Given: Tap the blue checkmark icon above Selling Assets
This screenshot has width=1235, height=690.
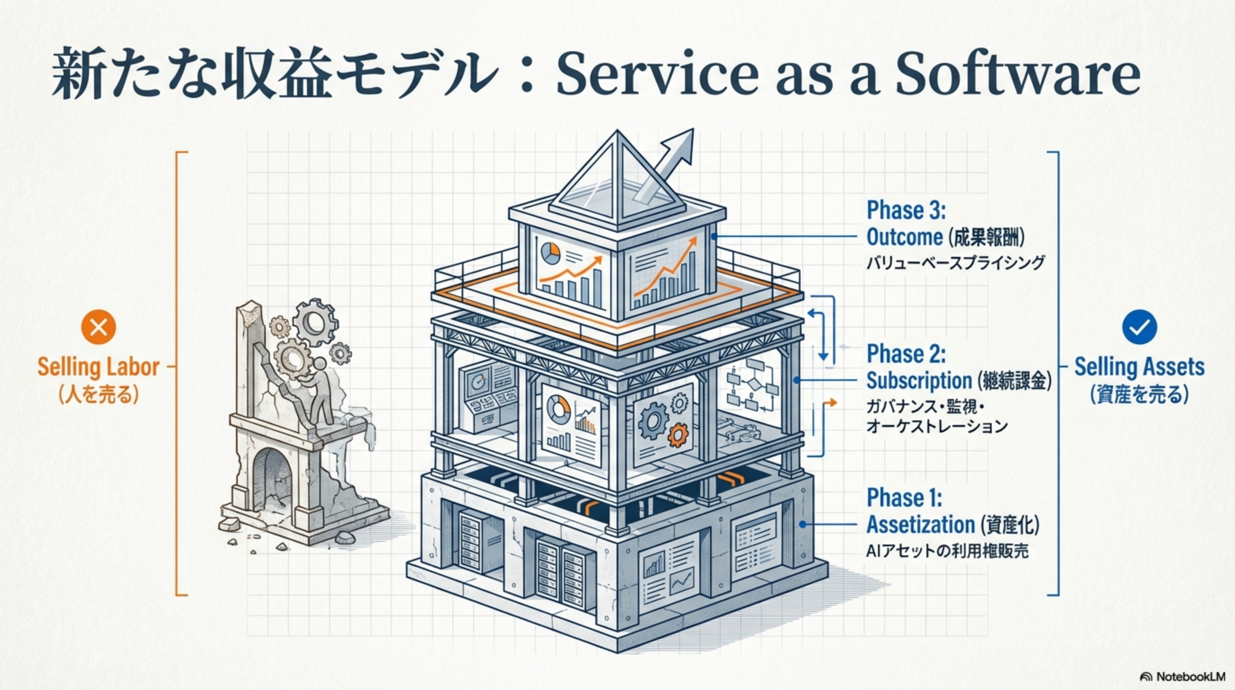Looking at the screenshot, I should click(1139, 327).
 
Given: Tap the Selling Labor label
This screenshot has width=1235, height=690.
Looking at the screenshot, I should click(98, 367).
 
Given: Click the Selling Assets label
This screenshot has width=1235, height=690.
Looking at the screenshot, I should click(1139, 367).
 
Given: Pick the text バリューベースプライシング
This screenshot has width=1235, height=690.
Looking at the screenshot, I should click(955, 263).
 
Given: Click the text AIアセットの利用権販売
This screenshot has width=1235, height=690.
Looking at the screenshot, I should click(947, 551).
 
